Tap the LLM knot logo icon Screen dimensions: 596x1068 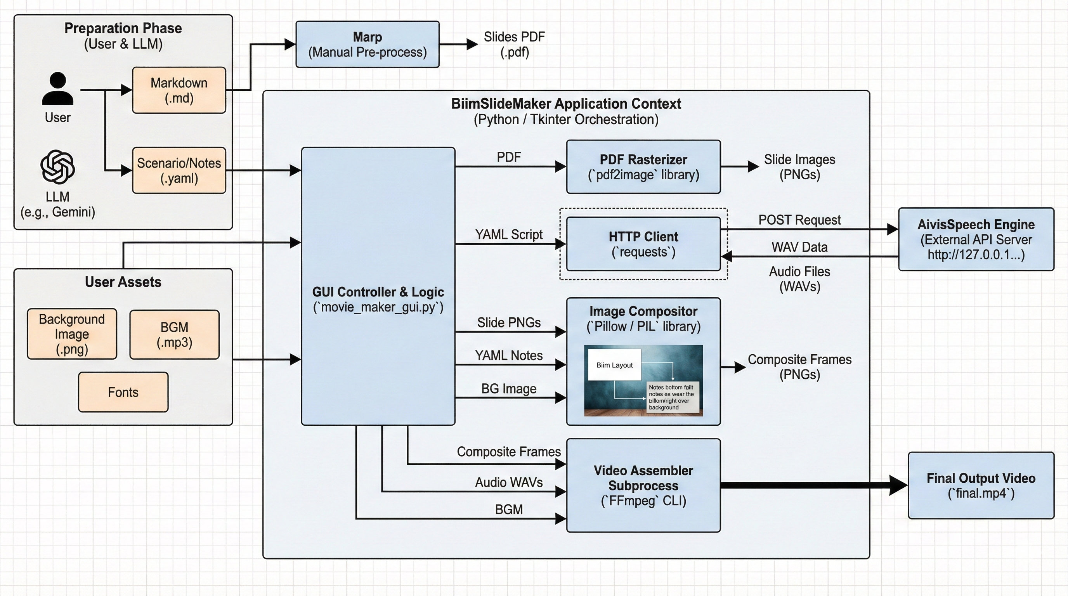pos(57,167)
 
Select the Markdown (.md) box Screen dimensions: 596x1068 pos(179,90)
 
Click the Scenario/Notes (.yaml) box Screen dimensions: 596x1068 pos(179,170)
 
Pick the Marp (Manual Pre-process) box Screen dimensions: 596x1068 pos(368,44)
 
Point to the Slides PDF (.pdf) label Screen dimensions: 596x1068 pos(514,44)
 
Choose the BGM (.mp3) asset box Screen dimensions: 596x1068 pos(174,334)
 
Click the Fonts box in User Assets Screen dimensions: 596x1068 pos(123,392)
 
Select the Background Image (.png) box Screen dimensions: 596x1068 pos(72,334)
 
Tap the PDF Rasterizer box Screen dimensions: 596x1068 pos(643,166)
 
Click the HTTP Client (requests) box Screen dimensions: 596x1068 pos(643,244)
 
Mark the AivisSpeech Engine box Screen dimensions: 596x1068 pos(976,239)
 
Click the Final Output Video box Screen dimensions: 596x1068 pos(981,485)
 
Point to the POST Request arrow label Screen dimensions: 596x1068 pos(799,220)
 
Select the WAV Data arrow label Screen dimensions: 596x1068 pos(799,247)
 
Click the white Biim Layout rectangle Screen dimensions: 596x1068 pos(614,365)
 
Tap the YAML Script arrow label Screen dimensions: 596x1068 pos(509,235)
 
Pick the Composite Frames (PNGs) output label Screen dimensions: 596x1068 pos(799,367)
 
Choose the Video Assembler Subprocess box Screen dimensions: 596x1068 pos(643,485)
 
